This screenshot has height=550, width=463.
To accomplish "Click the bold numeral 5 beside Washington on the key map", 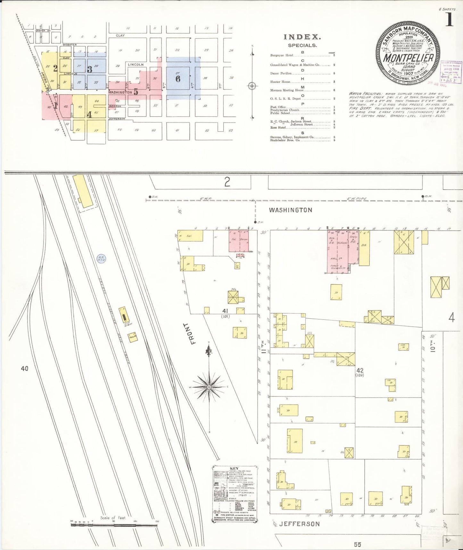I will tap(136, 92).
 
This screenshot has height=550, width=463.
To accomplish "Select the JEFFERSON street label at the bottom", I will tap(299, 524).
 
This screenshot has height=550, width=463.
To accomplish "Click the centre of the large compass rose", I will tap(209, 387).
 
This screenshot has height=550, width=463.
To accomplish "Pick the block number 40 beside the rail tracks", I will tap(25, 369).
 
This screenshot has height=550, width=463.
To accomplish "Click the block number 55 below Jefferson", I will tap(358, 544).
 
